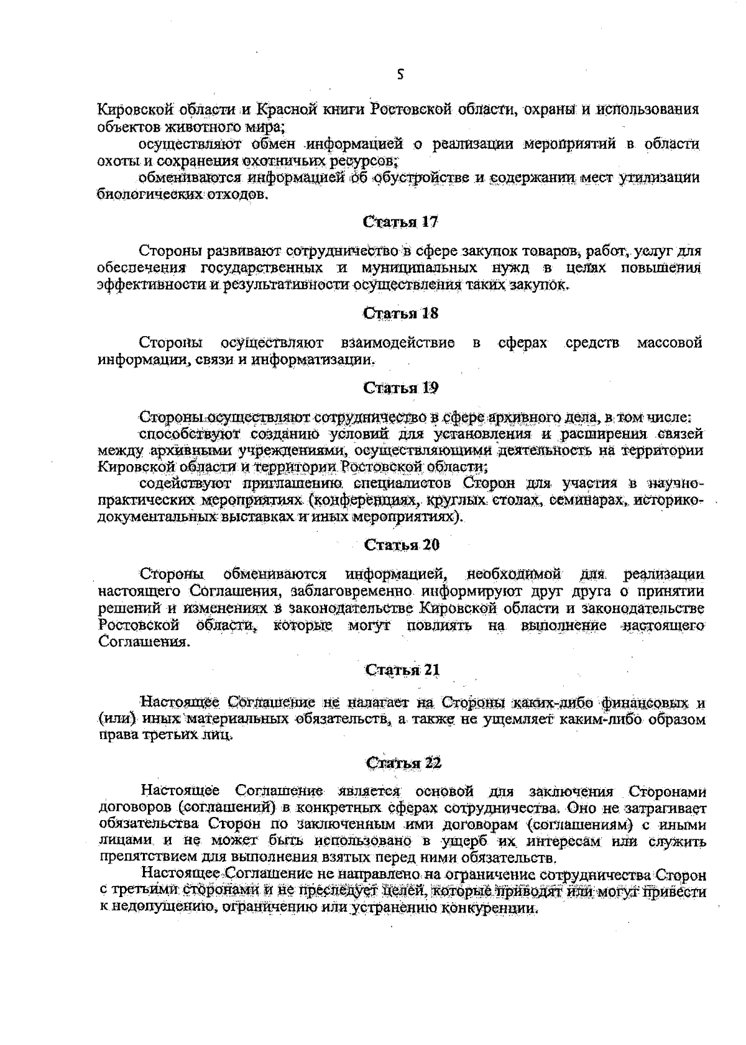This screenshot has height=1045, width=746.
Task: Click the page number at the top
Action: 401,75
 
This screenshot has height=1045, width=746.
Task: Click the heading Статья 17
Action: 401,222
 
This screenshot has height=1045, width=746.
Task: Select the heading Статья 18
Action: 401,314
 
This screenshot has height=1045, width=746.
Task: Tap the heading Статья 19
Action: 401,388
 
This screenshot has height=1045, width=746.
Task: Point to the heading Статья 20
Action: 401,545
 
